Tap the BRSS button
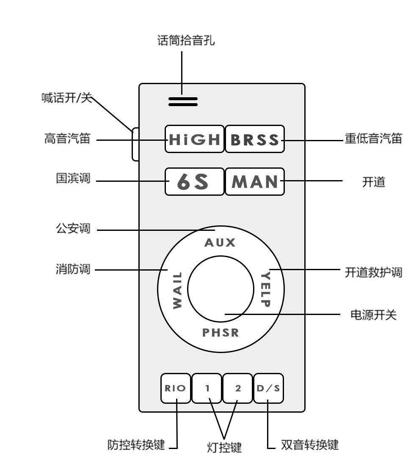point(254,139)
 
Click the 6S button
point(194,181)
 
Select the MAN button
point(254,181)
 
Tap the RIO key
point(176,388)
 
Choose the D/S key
point(268,388)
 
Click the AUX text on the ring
point(220,243)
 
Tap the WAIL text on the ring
point(177,290)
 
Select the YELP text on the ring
point(265,290)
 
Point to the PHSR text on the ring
point(220,333)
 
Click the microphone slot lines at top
point(183,101)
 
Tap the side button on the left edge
point(135,144)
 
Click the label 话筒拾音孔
point(186,41)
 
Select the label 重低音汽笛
point(373,139)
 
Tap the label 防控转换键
point(136,445)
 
